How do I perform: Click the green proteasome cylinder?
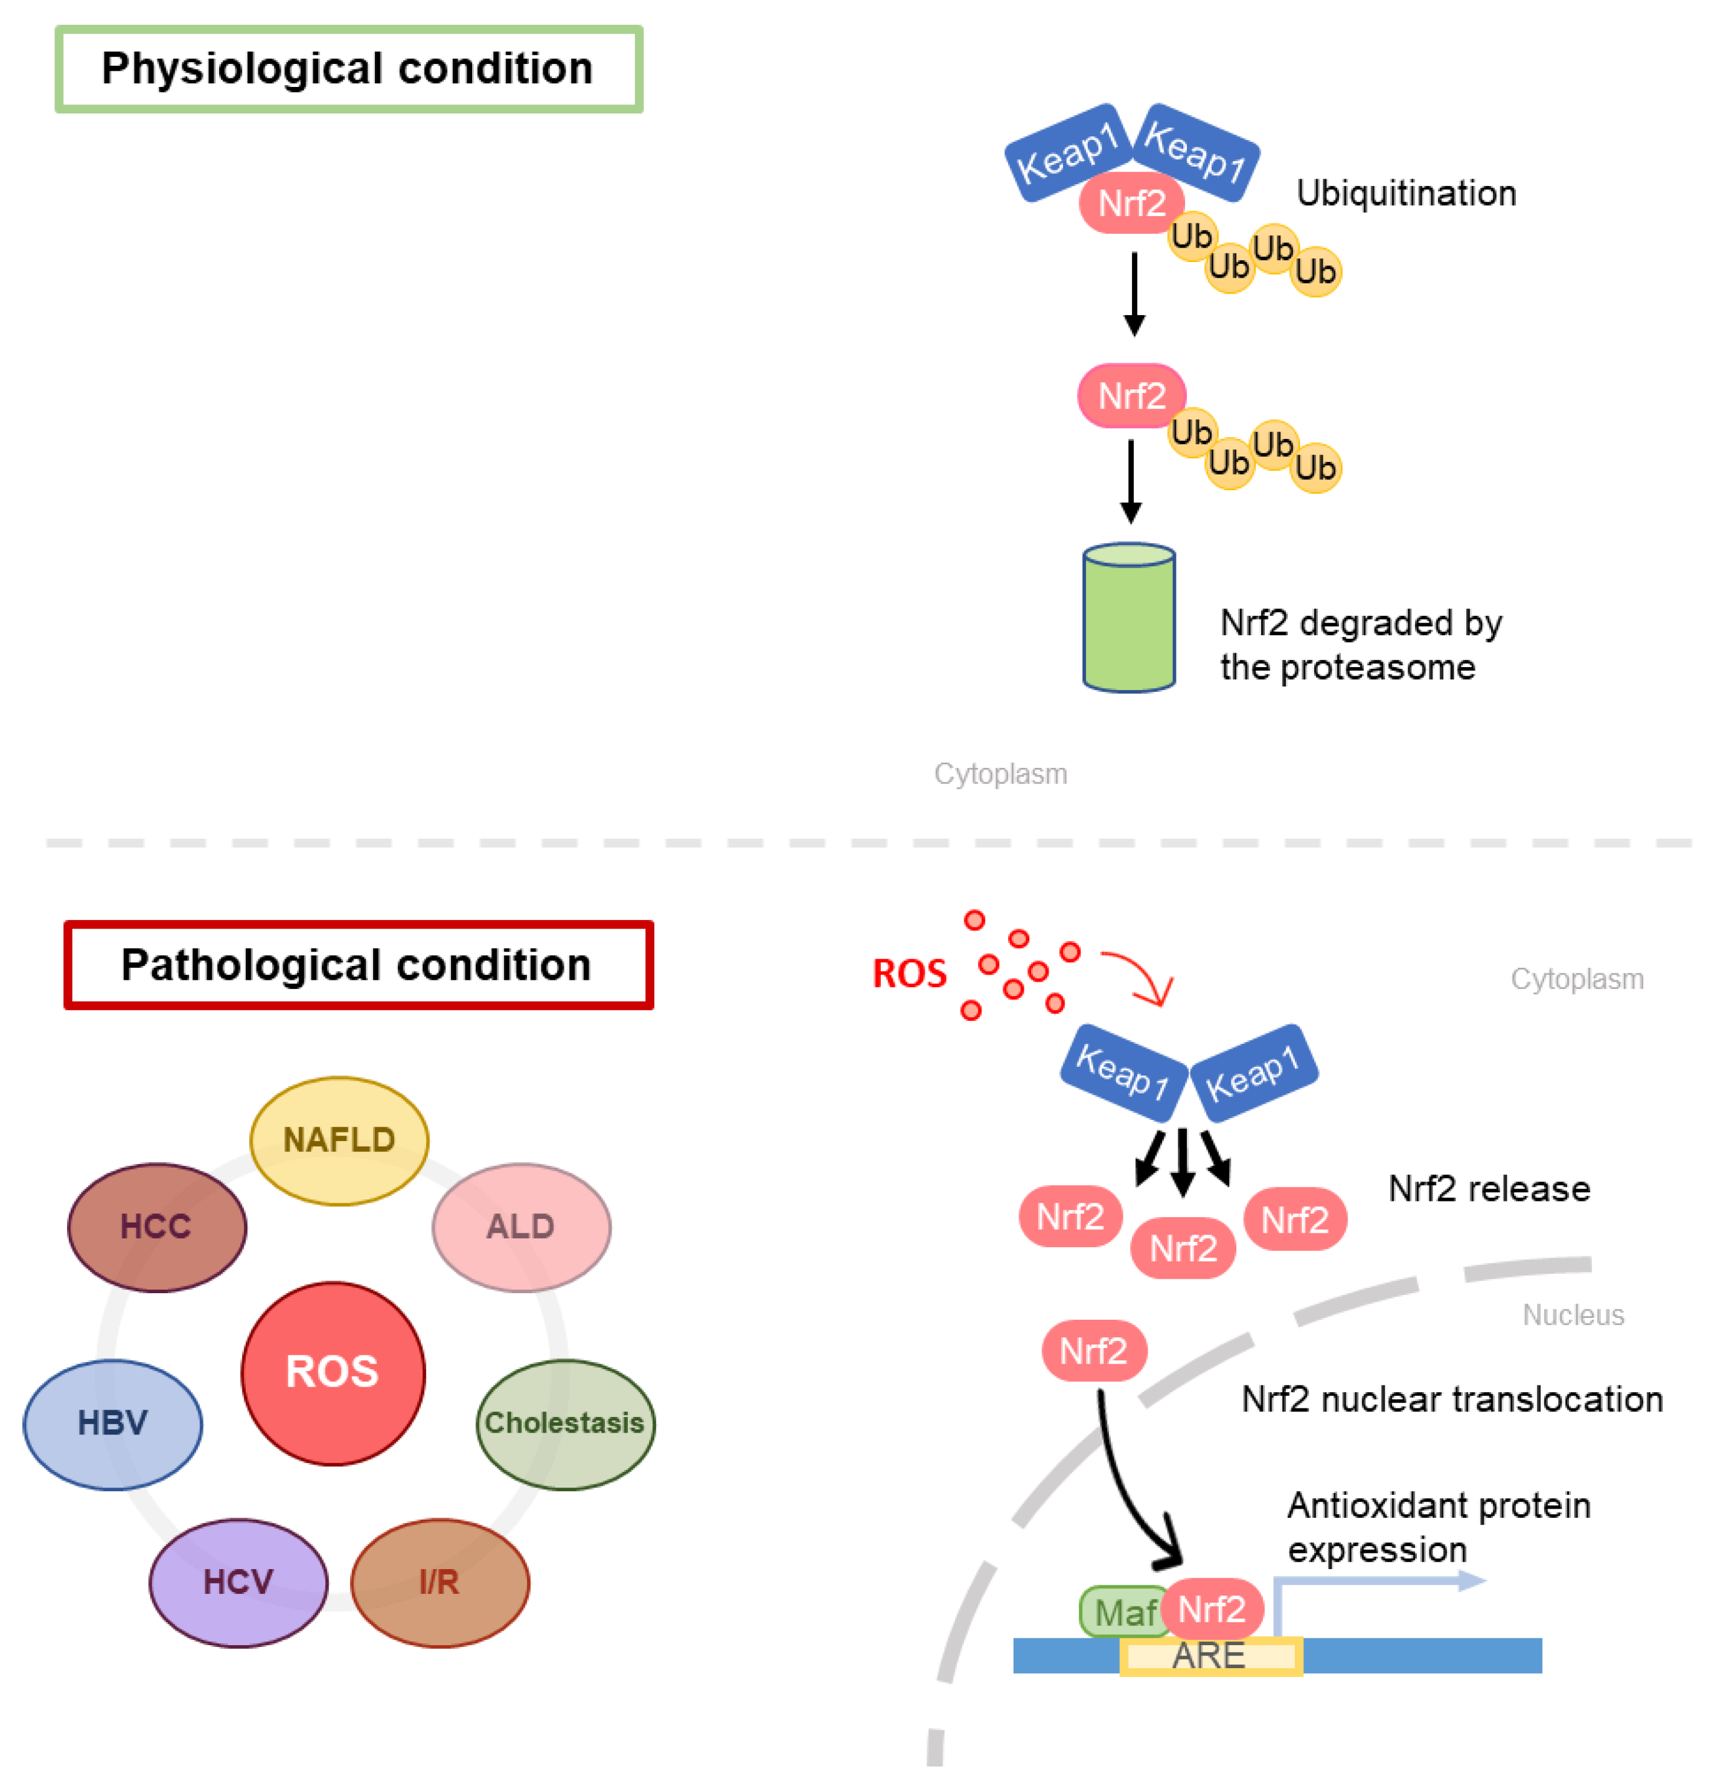tap(1128, 618)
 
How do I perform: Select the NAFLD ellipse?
tap(339, 1141)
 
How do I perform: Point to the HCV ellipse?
tap(238, 1582)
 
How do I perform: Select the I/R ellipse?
tap(440, 1582)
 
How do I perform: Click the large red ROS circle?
tap(333, 1373)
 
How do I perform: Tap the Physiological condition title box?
tap(349, 69)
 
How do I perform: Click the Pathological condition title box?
tap(358, 965)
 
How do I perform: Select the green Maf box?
tap(1121, 1611)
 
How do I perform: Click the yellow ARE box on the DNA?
tap(1210, 1655)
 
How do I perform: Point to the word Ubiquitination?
tap(1406, 193)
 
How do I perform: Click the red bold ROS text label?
tap(909, 973)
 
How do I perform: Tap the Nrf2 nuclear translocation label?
tap(1452, 1399)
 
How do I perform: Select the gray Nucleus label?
tap(1574, 1315)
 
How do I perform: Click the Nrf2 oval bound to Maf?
tap(1212, 1609)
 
